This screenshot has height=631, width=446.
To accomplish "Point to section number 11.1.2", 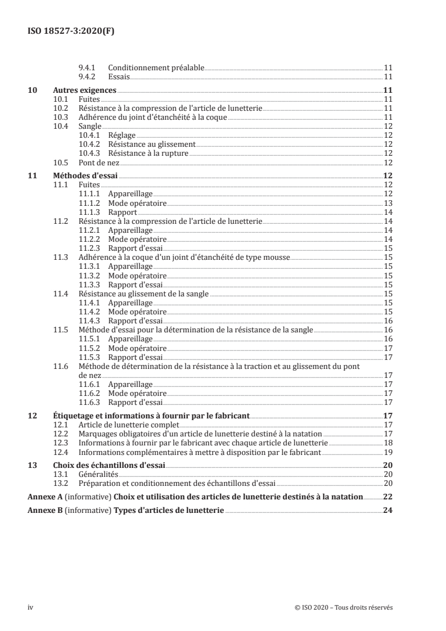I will click(91, 202).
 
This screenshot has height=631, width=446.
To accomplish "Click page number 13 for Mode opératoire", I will click(388, 202).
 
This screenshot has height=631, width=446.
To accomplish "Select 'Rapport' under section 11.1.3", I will click(123, 211).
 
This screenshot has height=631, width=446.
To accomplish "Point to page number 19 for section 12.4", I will click(388, 452).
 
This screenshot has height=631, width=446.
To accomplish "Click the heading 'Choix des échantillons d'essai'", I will click(109, 465).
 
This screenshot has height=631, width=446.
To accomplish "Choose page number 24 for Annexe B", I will click(387, 511).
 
